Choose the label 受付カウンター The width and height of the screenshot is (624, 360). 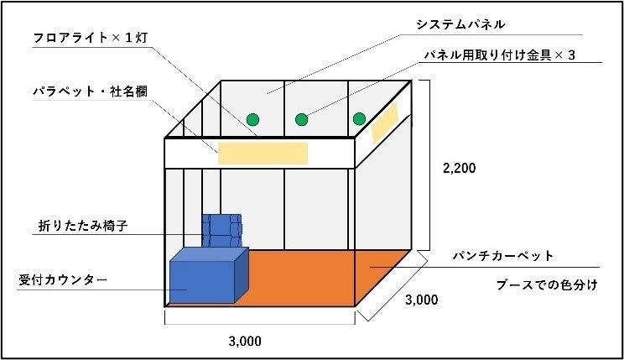pos(62,279)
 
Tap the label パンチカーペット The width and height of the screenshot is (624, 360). pos(502,255)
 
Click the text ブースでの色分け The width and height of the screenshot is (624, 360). pos(546,284)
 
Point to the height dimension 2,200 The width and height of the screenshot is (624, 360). pos(459,168)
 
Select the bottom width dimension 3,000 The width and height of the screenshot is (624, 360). pos(246,342)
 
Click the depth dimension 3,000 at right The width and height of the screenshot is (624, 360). pos(420,300)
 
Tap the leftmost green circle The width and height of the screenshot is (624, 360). pos(252,119)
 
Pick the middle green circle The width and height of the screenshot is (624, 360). pos(302,119)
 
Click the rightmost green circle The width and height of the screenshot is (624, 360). pos(359,118)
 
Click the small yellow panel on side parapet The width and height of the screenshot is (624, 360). pos(384,123)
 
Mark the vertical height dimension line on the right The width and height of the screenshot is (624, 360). pos(430,165)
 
